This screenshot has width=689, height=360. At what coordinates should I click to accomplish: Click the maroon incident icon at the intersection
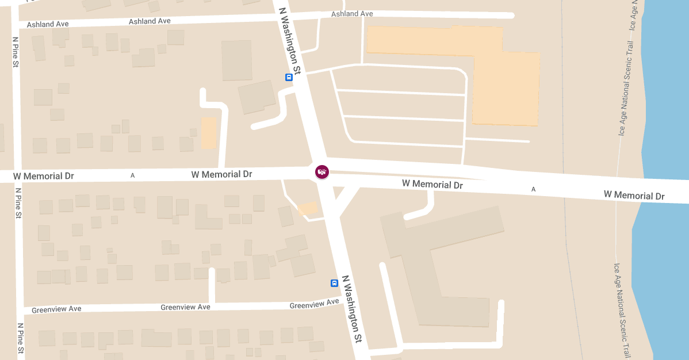pyautogui.click(x=322, y=171)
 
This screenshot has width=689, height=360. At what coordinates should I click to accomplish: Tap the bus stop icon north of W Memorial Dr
pyautogui.click(x=289, y=77)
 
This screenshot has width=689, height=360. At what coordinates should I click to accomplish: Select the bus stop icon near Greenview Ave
pyautogui.click(x=334, y=283)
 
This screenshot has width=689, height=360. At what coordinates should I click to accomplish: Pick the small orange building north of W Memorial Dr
pyautogui.click(x=208, y=133)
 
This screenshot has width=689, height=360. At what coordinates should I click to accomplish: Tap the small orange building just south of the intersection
pyautogui.click(x=308, y=209)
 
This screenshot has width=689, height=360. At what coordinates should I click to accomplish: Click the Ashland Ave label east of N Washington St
pyautogui.click(x=352, y=14)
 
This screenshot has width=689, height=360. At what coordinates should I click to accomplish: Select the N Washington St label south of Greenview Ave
pyautogui.click(x=351, y=308)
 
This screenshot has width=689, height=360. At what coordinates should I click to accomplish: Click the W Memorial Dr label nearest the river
pyautogui.click(x=634, y=196)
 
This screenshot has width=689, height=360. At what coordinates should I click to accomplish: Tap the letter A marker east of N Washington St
pyautogui.click(x=533, y=189)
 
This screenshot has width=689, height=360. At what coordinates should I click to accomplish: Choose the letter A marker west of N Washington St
pyautogui.click(x=132, y=175)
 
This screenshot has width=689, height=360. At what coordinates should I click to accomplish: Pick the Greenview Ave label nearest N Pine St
pyautogui.click(x=56, y=309)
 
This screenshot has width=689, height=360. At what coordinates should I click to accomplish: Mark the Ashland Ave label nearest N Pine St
pyautogui.click(x=48, y=24)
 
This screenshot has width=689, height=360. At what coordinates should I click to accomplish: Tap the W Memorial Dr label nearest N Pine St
pyautogui.click(x=44, y=176)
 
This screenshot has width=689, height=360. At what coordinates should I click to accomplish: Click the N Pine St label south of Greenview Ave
pyautogui.click(x=21, y=338)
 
